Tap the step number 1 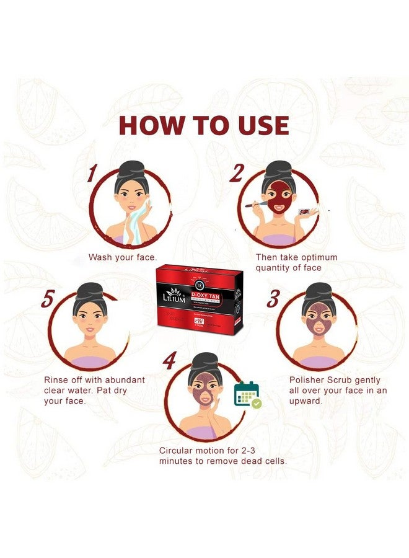coord(94,173)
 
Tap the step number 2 coord(236,174)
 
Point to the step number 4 coord(169,361)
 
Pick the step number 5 coord(47,299)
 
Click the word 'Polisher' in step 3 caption coord(309,379)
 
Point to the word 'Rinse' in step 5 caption coord(56,379)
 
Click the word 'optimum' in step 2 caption coord(315,257)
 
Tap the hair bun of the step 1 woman coord(131,168)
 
